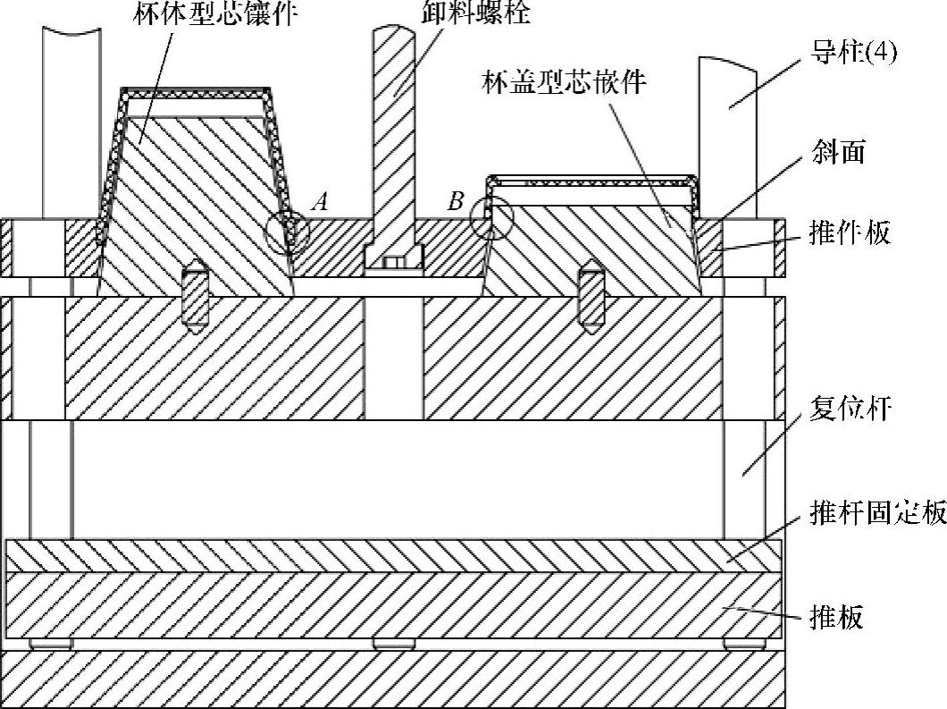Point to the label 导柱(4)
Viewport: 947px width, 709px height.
click(x=854, y=54)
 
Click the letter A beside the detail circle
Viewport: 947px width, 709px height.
click(x=318, y=202)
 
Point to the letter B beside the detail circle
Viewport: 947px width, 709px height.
click(x=456, y=202)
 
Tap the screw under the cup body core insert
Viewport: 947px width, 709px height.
click(x=196, y=296)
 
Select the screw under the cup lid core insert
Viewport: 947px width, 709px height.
click(x=590, y=296)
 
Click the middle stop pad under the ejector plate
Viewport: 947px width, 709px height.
click(x=394, y=643)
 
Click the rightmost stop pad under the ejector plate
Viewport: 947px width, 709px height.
click(x=744, y=643)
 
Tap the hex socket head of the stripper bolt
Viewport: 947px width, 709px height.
click(x=393, y=262)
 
